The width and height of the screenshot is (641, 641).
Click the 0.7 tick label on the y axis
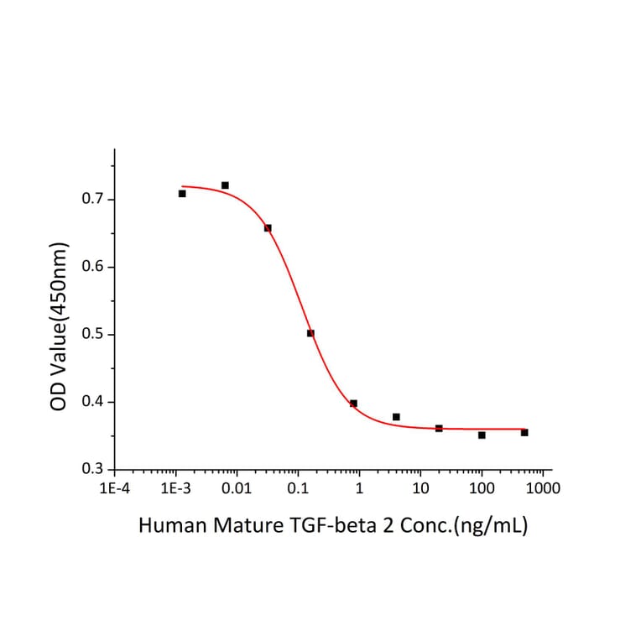[92, 200]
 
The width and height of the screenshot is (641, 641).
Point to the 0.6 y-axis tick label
[92, 267]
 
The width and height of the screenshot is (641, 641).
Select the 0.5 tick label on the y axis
[92, 335]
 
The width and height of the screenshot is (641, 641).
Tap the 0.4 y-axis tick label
[92, 402]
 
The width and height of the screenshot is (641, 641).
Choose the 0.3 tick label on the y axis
[92, 469]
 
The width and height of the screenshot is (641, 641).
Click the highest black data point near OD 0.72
[225, 185]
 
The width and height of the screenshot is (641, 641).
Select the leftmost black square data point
[182, 194]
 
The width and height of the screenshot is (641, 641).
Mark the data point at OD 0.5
[310, 333]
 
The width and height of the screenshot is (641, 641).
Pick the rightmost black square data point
[524, 432]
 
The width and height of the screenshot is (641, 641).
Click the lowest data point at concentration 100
[482, 435]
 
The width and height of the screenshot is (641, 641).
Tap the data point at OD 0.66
[268, 228]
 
